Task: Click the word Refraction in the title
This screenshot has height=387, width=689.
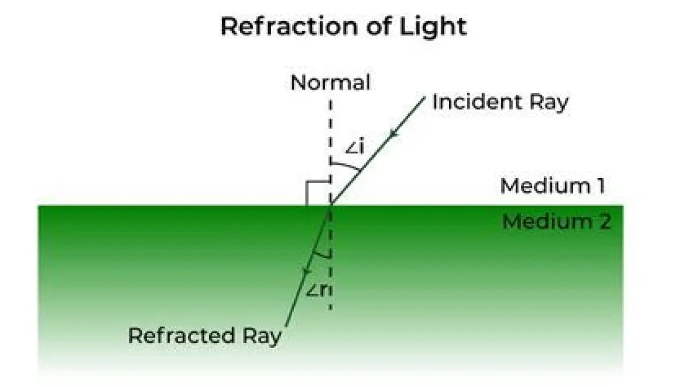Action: coord(291,27)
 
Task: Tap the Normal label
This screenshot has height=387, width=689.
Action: coord(330,83)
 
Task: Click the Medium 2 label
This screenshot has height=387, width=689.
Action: coord(556,222)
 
